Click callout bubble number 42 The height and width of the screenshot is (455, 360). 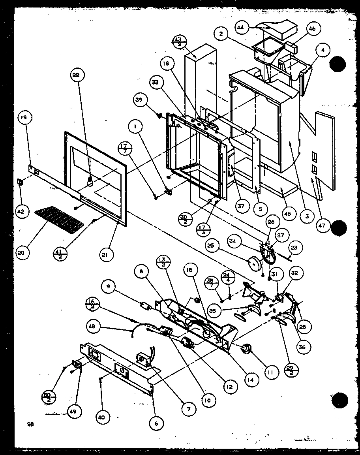pyautogui.click(x=20, y=212)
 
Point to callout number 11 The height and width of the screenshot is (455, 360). pyautogui.click(x=271, y=372)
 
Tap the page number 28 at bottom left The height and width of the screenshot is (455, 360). pyautogui.click(x=30, y=425)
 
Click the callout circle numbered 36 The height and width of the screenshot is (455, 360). pyautogui.click(x=303, y=347)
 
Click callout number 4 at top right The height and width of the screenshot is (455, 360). pyautogui.click(x=323, y=50)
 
